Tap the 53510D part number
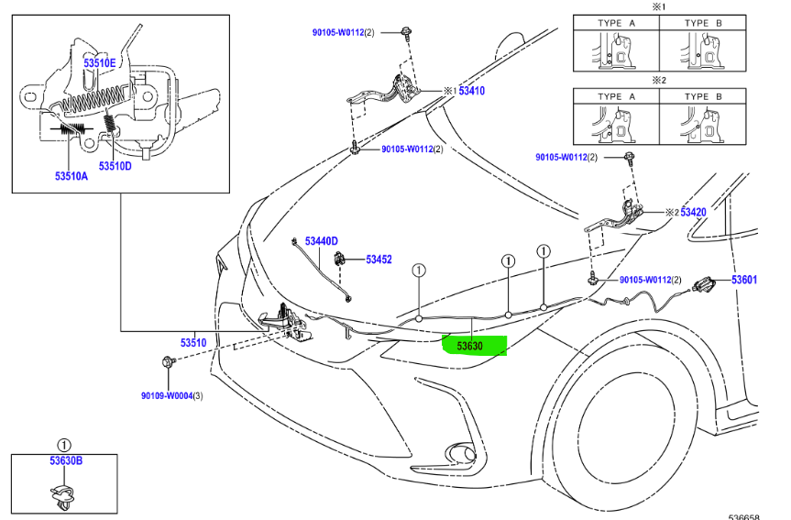point(115,166)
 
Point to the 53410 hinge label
point(471,91)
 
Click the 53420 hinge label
point(693,212)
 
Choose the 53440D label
point(322,240)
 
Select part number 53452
point(379,260)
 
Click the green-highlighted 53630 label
point(474,346)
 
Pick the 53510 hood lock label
point(193,342)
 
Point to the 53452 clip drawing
point(340,259)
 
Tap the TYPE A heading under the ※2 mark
point(617,96)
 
